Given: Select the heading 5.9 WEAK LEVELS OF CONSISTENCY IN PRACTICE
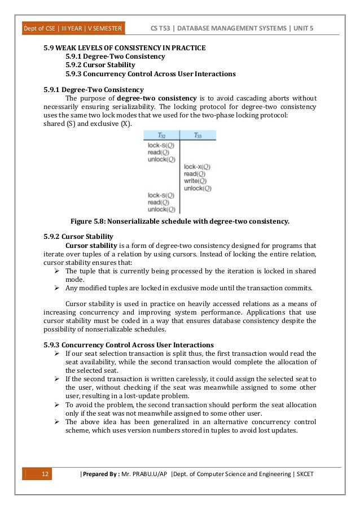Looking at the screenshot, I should (x=125, y=48).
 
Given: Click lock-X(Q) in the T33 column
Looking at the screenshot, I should (x=197, y=167).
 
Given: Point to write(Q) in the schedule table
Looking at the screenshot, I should (x=195, y=181).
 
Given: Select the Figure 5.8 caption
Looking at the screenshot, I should (x=179, y=221).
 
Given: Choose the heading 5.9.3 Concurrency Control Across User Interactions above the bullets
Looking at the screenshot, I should (x=129, y=344).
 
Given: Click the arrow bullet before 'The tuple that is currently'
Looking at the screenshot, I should (x=58, y=271).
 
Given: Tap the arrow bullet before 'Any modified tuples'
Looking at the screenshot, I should (x=58, y=287).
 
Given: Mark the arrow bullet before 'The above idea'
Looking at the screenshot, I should (x=58, y=421).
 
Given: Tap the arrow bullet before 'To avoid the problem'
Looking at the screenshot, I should (x=58, y=405).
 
